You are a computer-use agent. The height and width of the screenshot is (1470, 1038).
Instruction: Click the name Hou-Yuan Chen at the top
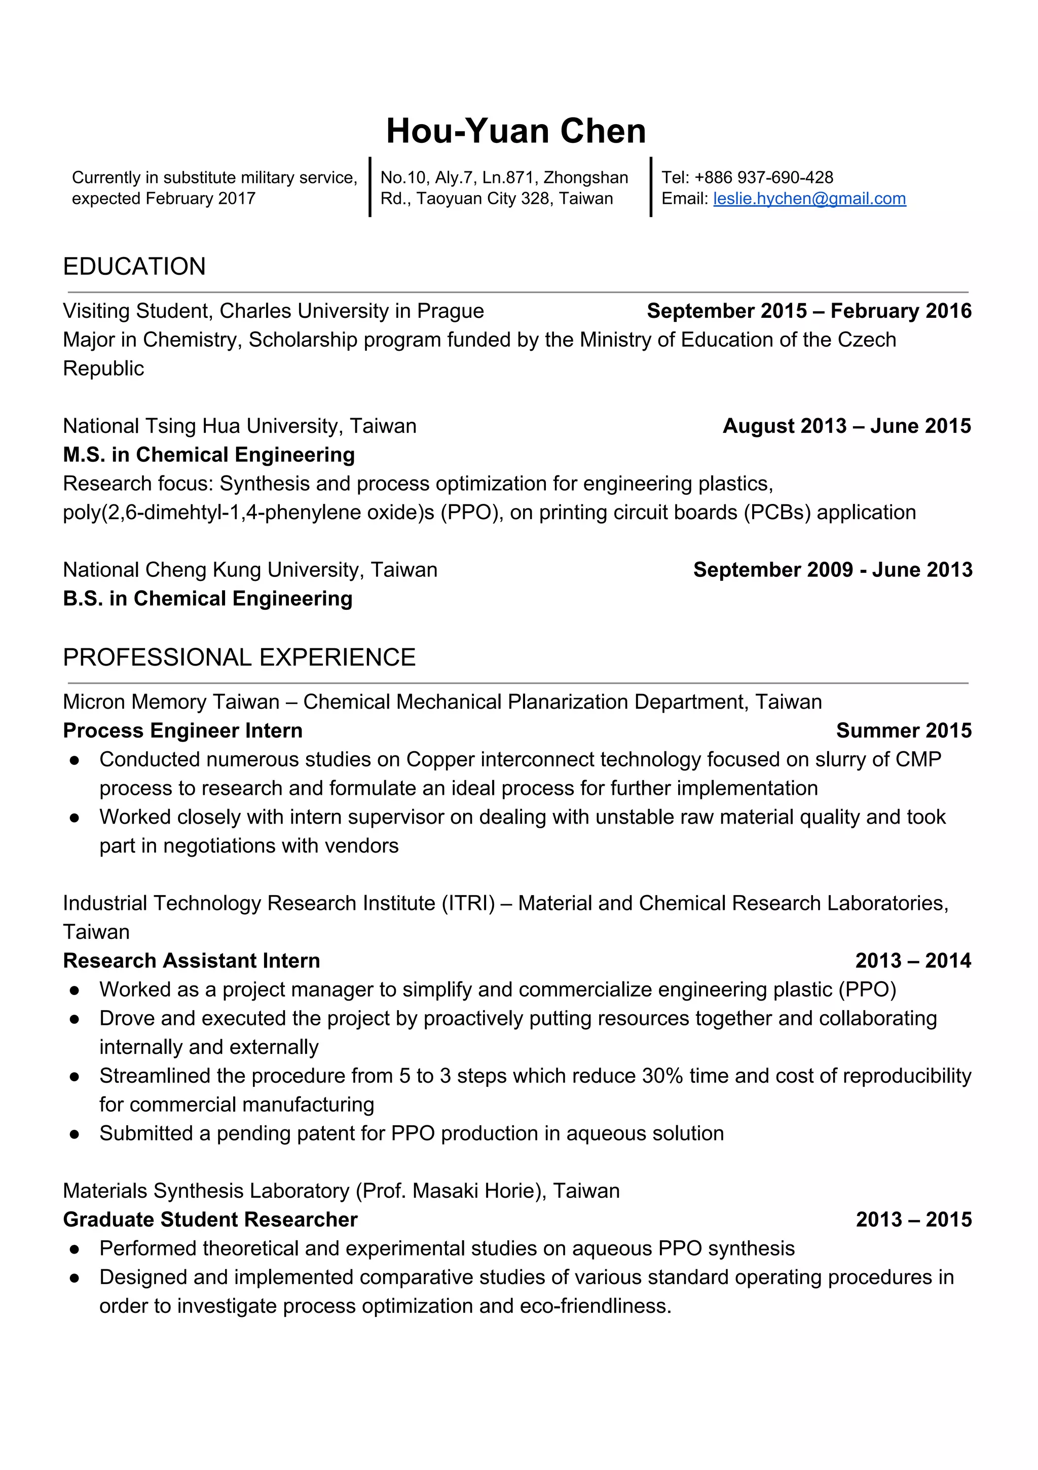(515, 131)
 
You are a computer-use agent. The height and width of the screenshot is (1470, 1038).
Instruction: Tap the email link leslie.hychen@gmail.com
(809, 199)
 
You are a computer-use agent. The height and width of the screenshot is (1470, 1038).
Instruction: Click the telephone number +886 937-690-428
(763, 177)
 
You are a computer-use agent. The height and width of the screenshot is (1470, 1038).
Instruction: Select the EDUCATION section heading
(134, 266)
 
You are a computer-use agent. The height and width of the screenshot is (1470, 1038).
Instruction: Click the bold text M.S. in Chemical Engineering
(209, 455)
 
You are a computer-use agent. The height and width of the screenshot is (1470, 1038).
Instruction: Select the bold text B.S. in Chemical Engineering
(207, 599)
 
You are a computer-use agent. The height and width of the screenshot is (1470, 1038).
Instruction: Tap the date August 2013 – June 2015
(846, 426)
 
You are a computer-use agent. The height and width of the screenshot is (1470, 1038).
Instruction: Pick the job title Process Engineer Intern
(182, 730)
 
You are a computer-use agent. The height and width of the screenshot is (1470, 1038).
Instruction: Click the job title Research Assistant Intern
(192, 961)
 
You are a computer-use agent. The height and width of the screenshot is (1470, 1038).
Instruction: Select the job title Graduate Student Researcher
(210, 1220)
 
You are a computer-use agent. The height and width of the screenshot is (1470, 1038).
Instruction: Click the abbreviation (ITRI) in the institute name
(468, 903)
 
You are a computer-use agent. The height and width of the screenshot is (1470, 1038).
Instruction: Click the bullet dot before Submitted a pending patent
(75, 1134)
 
